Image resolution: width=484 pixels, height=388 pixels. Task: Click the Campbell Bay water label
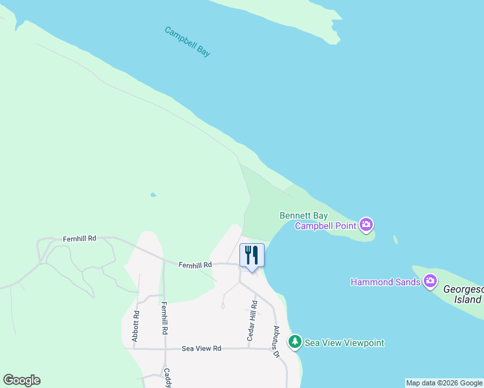coord(187,41)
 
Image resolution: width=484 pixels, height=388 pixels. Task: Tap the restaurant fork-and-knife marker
coord(252,254)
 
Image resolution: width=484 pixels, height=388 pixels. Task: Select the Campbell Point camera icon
coord(367,225)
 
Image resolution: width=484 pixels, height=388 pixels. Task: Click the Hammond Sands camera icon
coord(430,281)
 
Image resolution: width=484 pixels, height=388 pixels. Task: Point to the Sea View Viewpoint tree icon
coord(295,341)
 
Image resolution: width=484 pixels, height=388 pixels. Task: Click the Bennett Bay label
coord(303,215)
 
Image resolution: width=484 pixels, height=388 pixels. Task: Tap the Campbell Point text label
coord(326,226)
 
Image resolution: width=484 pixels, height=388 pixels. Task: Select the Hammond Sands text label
coord(386,282)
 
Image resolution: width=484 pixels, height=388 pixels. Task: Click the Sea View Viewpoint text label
coord(344,343)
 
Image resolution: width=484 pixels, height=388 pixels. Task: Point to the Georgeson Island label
coord(463,294)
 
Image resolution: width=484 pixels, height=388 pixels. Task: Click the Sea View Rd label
coord(201,348)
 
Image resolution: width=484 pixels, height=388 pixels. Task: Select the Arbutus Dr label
coord(275,341)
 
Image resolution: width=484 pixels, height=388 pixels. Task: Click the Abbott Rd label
coord(136,326)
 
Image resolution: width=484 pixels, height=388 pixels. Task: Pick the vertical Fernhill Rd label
coord(165,318)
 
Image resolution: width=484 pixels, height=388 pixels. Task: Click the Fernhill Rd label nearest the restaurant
coord(195,264)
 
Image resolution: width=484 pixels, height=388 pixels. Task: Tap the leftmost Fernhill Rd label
coord(80,239)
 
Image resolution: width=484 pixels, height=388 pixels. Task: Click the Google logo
coord(21,380)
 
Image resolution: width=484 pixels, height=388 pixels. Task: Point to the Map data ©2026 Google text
coord(444,383)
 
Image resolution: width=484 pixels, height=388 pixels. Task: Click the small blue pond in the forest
coord(153,194)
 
